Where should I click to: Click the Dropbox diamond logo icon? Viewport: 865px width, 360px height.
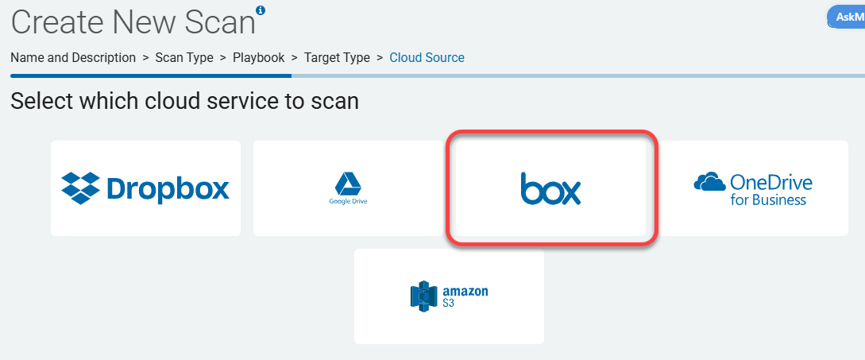pos(81,188)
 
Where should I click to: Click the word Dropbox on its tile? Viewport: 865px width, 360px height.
pos(168,188)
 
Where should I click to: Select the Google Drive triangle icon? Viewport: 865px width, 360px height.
pos(348,184)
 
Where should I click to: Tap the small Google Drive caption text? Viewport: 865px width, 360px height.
pos(348,201)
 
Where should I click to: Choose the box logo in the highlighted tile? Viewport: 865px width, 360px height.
pos(550,189)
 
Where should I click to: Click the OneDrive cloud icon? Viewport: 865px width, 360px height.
pos(709,183)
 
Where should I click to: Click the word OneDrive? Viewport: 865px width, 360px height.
pos(770,182)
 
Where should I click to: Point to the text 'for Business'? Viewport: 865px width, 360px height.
pos(768,199)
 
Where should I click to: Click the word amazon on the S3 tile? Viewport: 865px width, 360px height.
pos(465,291)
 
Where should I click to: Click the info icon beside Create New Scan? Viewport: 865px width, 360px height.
pos(261,10)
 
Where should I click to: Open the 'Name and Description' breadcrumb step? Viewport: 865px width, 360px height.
pos(73,57)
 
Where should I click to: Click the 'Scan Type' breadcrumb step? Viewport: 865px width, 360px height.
pos(184,57)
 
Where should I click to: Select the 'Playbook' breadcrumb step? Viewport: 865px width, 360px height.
pos(259,57)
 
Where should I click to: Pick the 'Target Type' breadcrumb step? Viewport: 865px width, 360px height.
pos(337,57)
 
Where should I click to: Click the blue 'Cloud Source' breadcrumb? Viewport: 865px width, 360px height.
pos(427,57)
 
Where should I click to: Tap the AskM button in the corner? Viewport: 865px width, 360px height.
pos(848,17)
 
